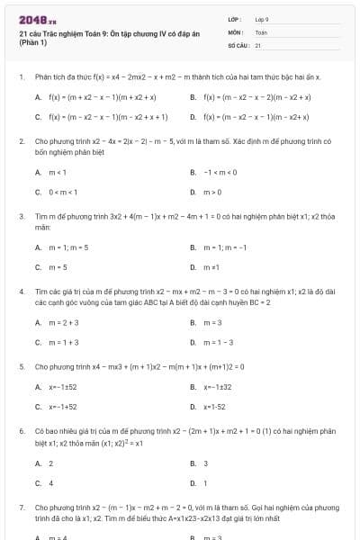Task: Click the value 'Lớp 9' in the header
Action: coord(262,19)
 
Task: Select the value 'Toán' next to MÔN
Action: coord(261,31)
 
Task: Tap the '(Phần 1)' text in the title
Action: coord(33,44)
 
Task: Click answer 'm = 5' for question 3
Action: coord(58,266)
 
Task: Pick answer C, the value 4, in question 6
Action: coord(50,482)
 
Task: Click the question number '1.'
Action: coord(21,77)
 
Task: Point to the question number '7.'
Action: coord(21,508)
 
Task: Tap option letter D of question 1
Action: coord(193,117)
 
